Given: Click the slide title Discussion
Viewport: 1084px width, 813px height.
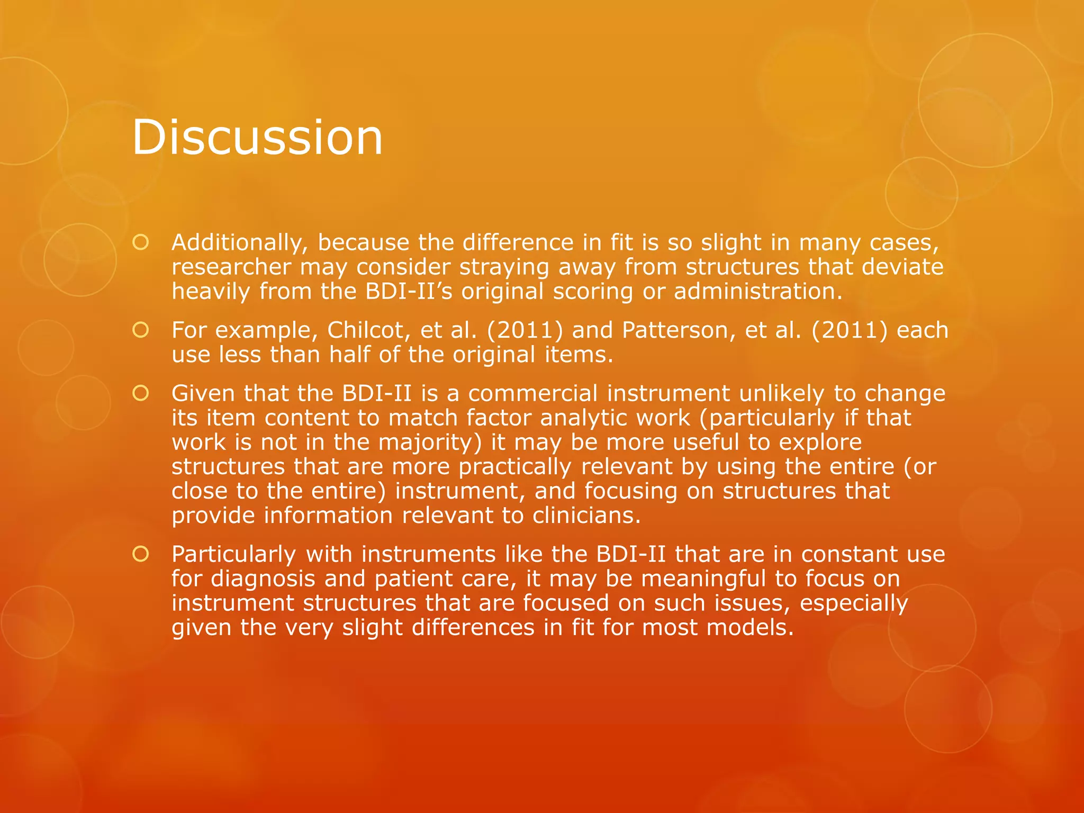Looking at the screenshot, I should coord(257,137).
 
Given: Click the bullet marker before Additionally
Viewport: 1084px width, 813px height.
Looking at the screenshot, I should coord(141,242).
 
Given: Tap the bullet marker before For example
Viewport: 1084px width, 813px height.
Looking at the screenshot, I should coord(141,330).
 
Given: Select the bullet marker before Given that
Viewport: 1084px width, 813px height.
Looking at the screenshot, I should coord(141,393).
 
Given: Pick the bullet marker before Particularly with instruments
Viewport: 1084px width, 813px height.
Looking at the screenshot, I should coord(141,554).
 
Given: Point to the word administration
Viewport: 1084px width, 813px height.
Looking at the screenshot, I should coord(757,292).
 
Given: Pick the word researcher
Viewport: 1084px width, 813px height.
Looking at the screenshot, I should coord(231,267).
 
